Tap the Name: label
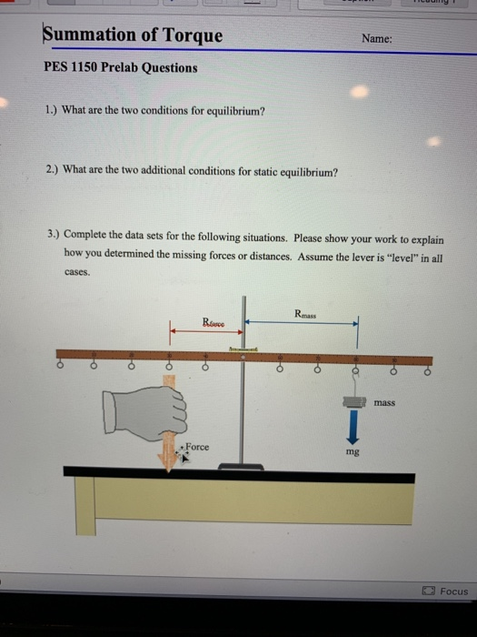pyautogui.click(x=377, y=39)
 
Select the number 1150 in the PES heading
pyautogui.click(x=90, y=68)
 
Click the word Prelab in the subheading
pyautogui.click(x=130, y=68)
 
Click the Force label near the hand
pyautogui.click(x=198, y=446)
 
